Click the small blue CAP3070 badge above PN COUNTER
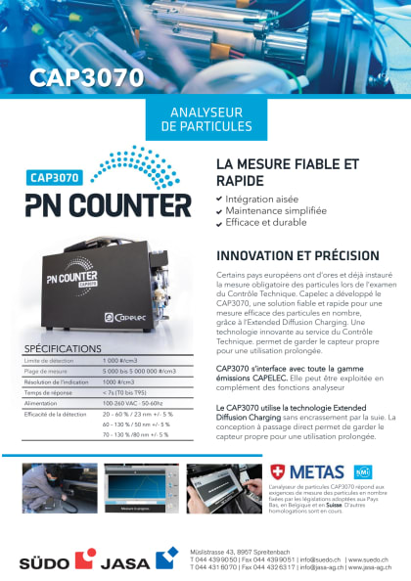(x=55, y=179)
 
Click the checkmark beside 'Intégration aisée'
(x=218, y=199)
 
